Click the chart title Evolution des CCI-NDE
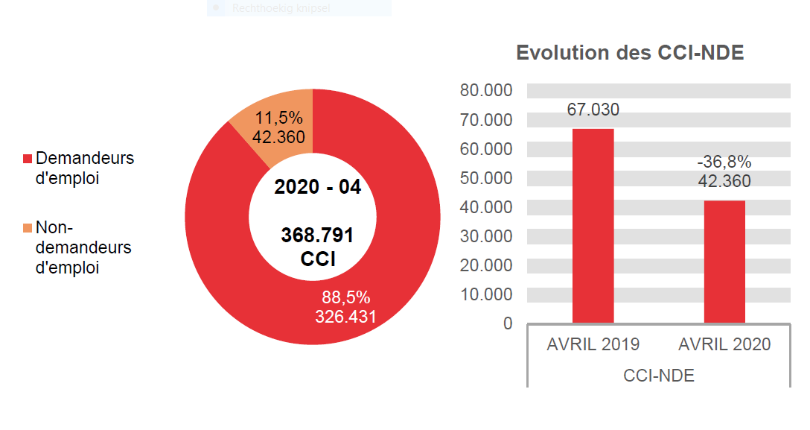point(630,53)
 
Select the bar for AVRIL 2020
point(724,262)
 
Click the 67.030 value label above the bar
point(593,110)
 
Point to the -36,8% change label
point(724,162)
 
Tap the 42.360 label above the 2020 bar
point(724,181)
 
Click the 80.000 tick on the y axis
point(486,90)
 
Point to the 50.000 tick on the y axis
point(486,178)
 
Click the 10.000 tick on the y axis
point(486,294)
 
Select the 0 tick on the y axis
point(508,323)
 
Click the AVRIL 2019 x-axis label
point(593,344)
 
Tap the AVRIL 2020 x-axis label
point(724,344)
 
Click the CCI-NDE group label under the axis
point(658,376)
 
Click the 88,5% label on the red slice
point(345,297)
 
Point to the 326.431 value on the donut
point(345,317)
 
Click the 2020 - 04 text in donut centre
point(317,187)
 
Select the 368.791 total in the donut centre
point(317,235)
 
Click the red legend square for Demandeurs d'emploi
point(28,159)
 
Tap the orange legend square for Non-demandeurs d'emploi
point(28,227)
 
